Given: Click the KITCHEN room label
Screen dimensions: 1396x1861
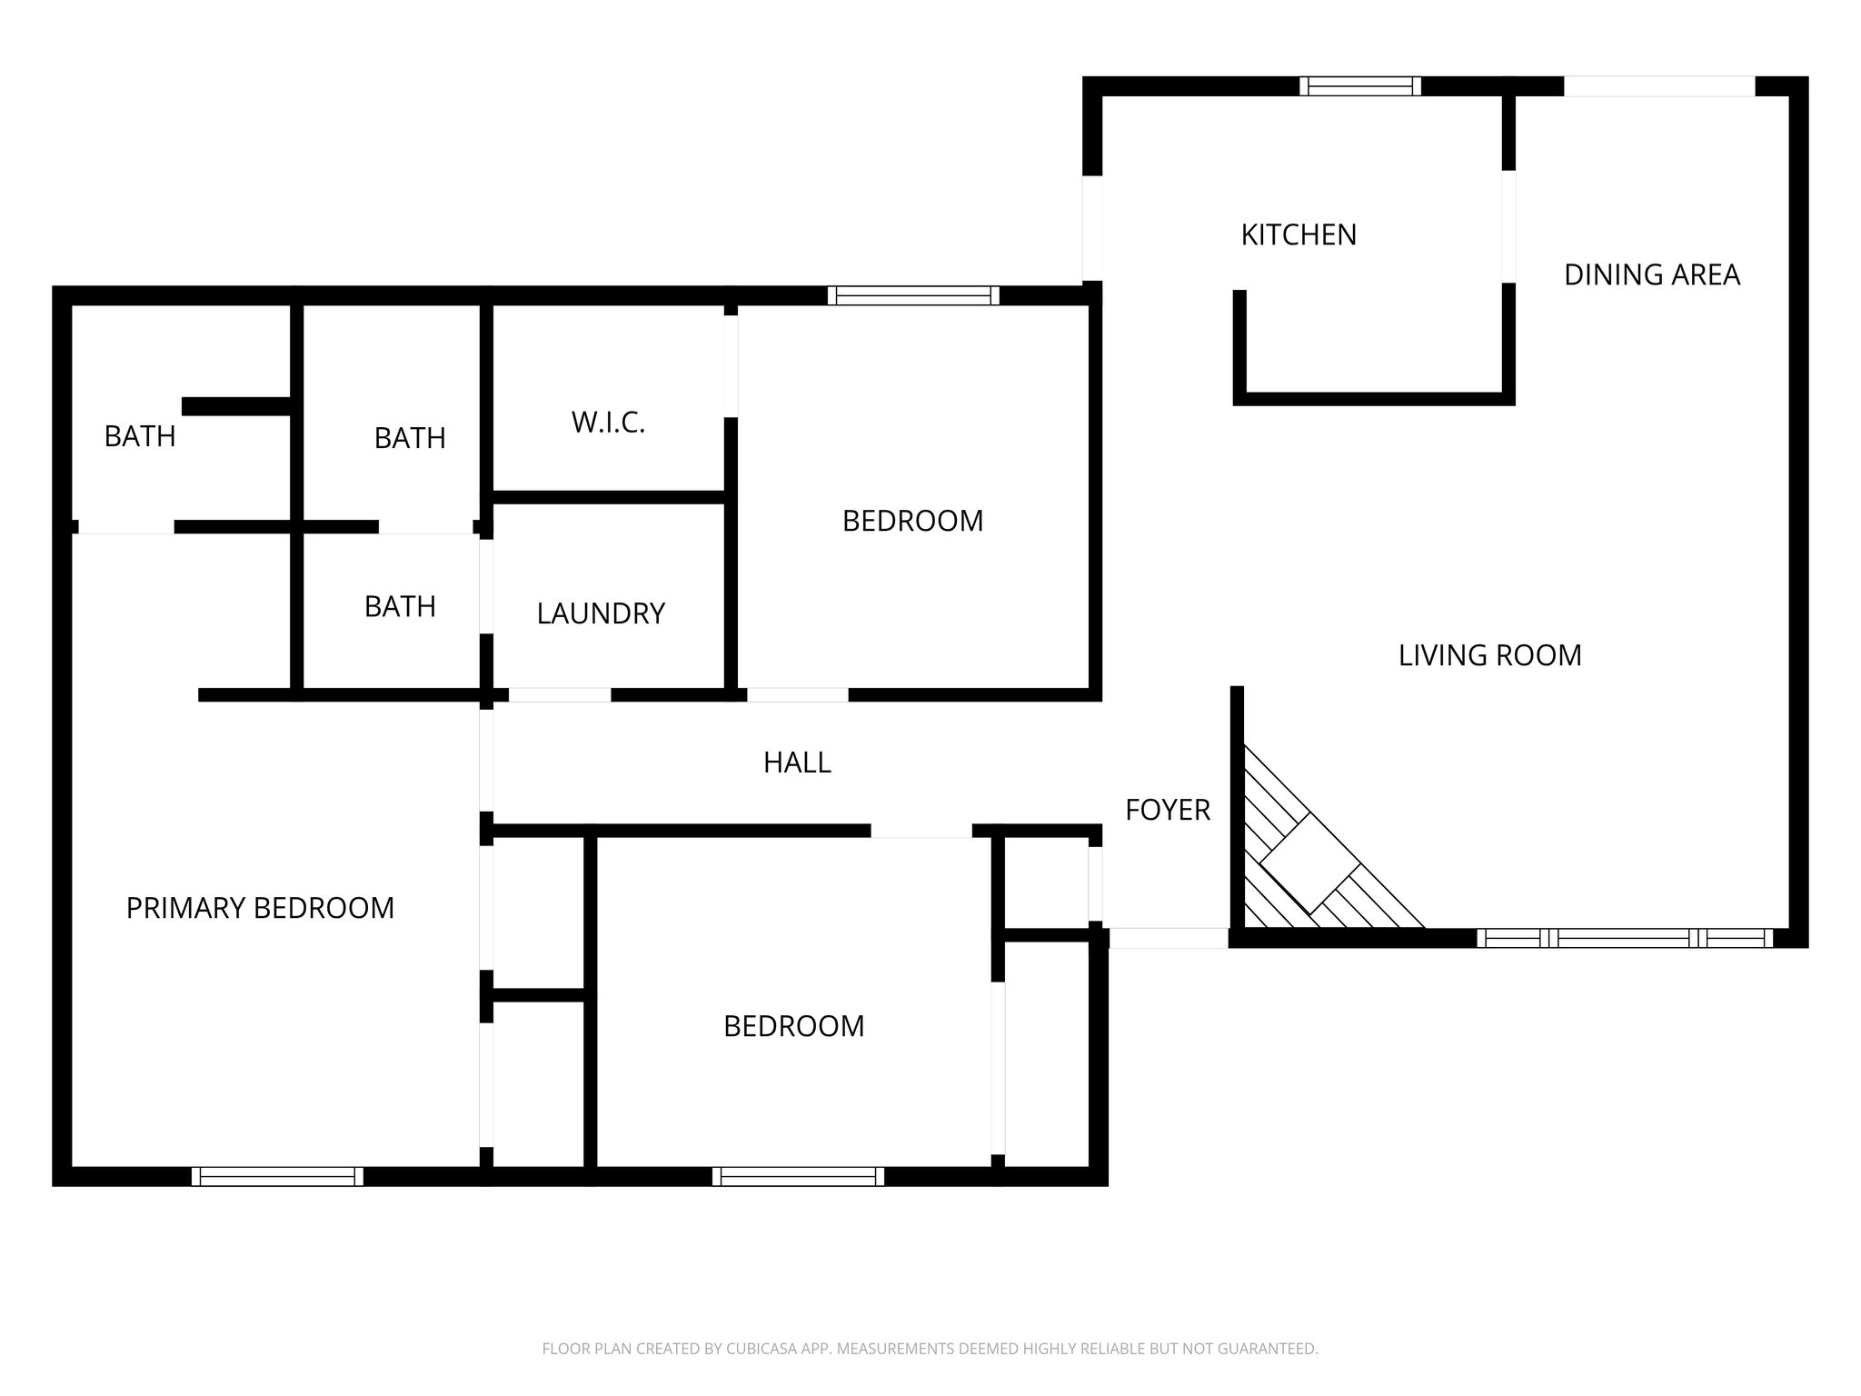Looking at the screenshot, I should [1299, 234].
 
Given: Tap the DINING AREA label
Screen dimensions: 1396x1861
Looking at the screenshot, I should [1651, 274].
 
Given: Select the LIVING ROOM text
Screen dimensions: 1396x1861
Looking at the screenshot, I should [1489, 655].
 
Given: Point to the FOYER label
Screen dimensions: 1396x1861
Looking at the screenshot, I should [1168, 810].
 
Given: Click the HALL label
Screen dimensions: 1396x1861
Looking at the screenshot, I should [797, 763].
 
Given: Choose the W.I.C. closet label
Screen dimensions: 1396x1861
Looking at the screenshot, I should [608, 423].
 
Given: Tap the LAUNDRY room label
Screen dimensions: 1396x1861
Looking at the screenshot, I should [601, 613].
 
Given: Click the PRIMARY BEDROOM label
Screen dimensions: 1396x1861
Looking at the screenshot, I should [260, 908].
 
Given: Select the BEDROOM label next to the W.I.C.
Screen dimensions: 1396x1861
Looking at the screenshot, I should [912, 521].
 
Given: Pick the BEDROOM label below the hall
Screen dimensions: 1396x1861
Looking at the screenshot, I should [793, 1026].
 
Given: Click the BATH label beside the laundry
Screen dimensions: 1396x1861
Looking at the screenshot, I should [400, 606].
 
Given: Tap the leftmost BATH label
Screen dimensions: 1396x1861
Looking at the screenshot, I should [140, 436].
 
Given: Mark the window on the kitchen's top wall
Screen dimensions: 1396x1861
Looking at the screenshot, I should [1360, 86].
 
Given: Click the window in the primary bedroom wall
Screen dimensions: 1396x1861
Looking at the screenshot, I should [277, 1176].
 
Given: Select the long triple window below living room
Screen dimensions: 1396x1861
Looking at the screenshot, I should [1624, 938].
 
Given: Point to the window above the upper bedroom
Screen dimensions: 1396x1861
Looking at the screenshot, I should [913, 295].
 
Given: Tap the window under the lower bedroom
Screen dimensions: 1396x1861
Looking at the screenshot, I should [798, 1176].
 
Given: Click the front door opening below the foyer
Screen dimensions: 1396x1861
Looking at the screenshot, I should [1169, 938].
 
